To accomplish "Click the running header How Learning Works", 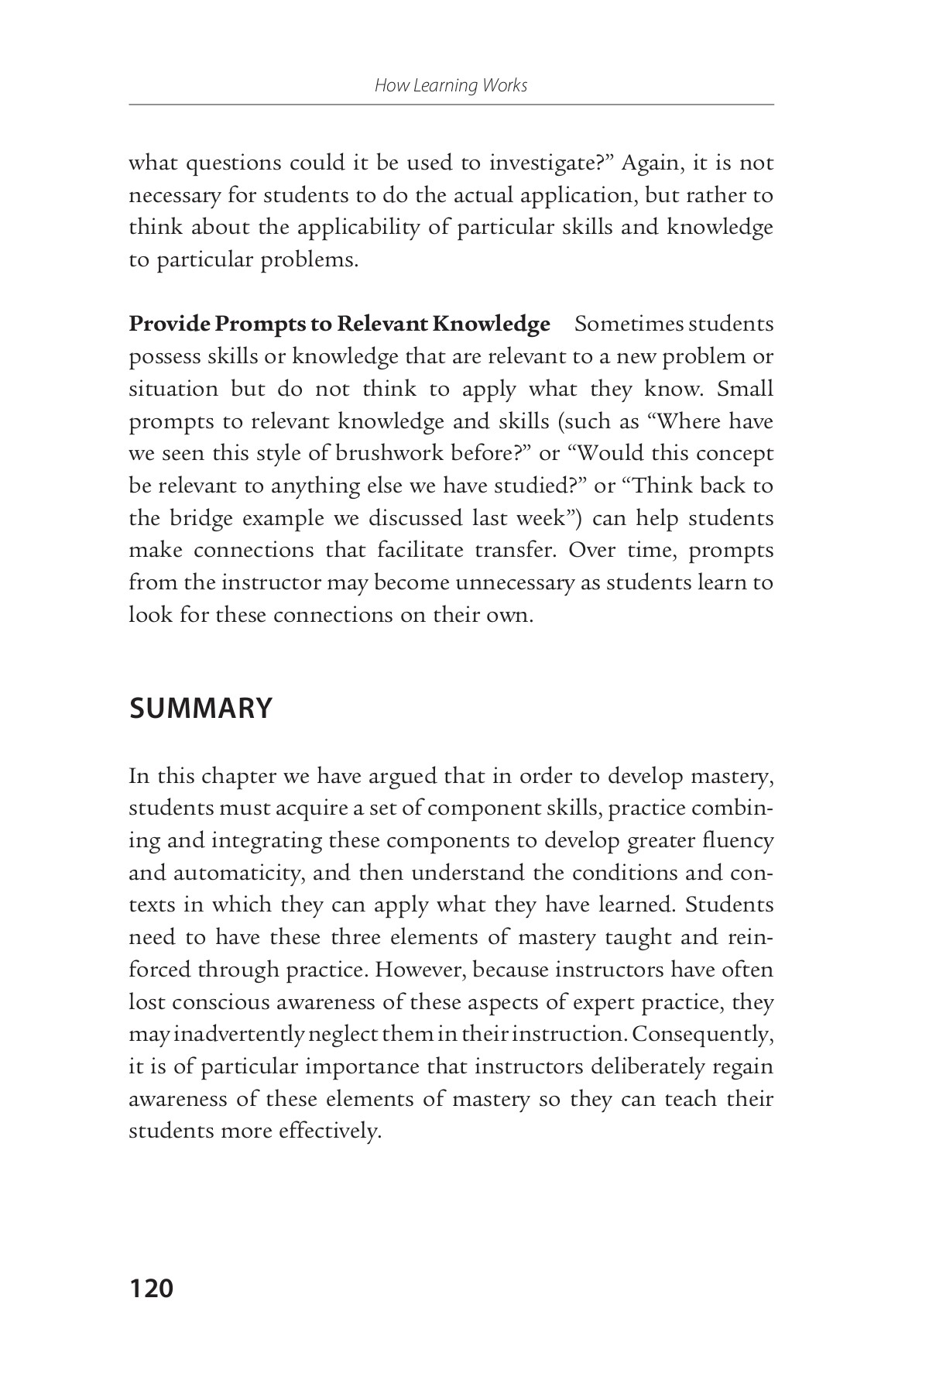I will click(x=451, y=85).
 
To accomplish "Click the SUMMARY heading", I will click(x=201, y=708).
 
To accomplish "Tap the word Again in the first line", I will click(x=650, y=163).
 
